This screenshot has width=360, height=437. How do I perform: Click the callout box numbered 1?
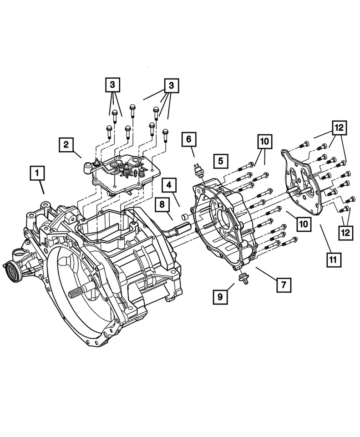point(38,173)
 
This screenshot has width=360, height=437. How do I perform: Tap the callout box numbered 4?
point(168,185)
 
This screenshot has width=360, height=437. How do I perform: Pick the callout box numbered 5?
point(220,161)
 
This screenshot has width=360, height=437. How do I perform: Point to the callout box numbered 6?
point(189,139)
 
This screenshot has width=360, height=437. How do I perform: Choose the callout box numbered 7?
point(283,285)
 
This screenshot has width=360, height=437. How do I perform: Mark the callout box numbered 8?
point(162,205)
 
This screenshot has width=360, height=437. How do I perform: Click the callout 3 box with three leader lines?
point(171,85)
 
